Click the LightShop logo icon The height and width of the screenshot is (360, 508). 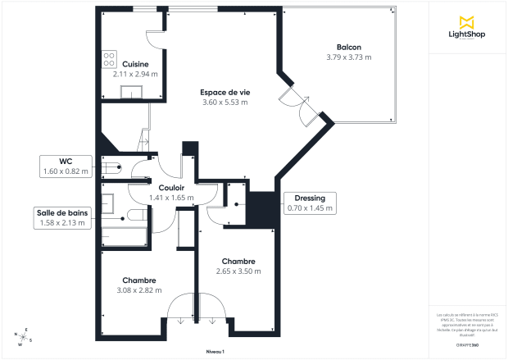click(466, 21)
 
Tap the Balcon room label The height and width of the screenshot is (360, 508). click(348, 48)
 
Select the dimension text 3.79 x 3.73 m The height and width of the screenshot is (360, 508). click(348, 57)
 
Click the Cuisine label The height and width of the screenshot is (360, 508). click(135, 64)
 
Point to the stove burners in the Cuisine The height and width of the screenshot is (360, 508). click(108, 58)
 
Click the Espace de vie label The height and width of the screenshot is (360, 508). click(225, 92)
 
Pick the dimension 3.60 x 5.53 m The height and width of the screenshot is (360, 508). click(225, 103)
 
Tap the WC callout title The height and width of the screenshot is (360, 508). click(63, 161)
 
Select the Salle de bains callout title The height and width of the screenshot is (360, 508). click(62, 212)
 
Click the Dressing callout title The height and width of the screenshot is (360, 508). click(310, 198)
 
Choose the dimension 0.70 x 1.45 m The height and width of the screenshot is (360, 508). click(310, 208)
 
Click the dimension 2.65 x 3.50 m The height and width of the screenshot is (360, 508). click(238, 271)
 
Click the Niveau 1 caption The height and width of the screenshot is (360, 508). click(215, 351)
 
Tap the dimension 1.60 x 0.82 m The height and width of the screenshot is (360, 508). click(63, 171)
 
